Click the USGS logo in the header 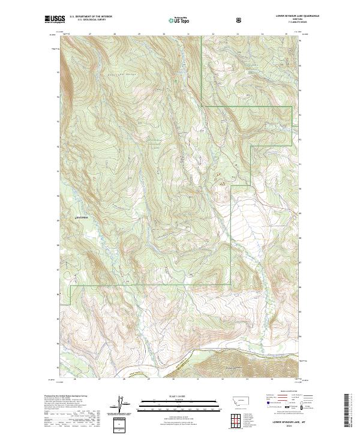click(53, 20)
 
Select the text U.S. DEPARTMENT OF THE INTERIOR click(91, 16)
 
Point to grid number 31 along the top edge click(188, 34)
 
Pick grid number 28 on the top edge click(114, 34)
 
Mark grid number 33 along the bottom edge click(247, 379)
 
